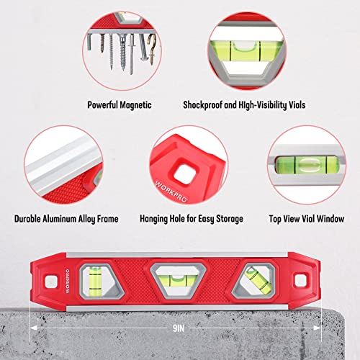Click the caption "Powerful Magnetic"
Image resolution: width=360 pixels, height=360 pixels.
tap(119, 104)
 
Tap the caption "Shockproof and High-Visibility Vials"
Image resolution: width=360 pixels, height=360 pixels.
tap(264, 104)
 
